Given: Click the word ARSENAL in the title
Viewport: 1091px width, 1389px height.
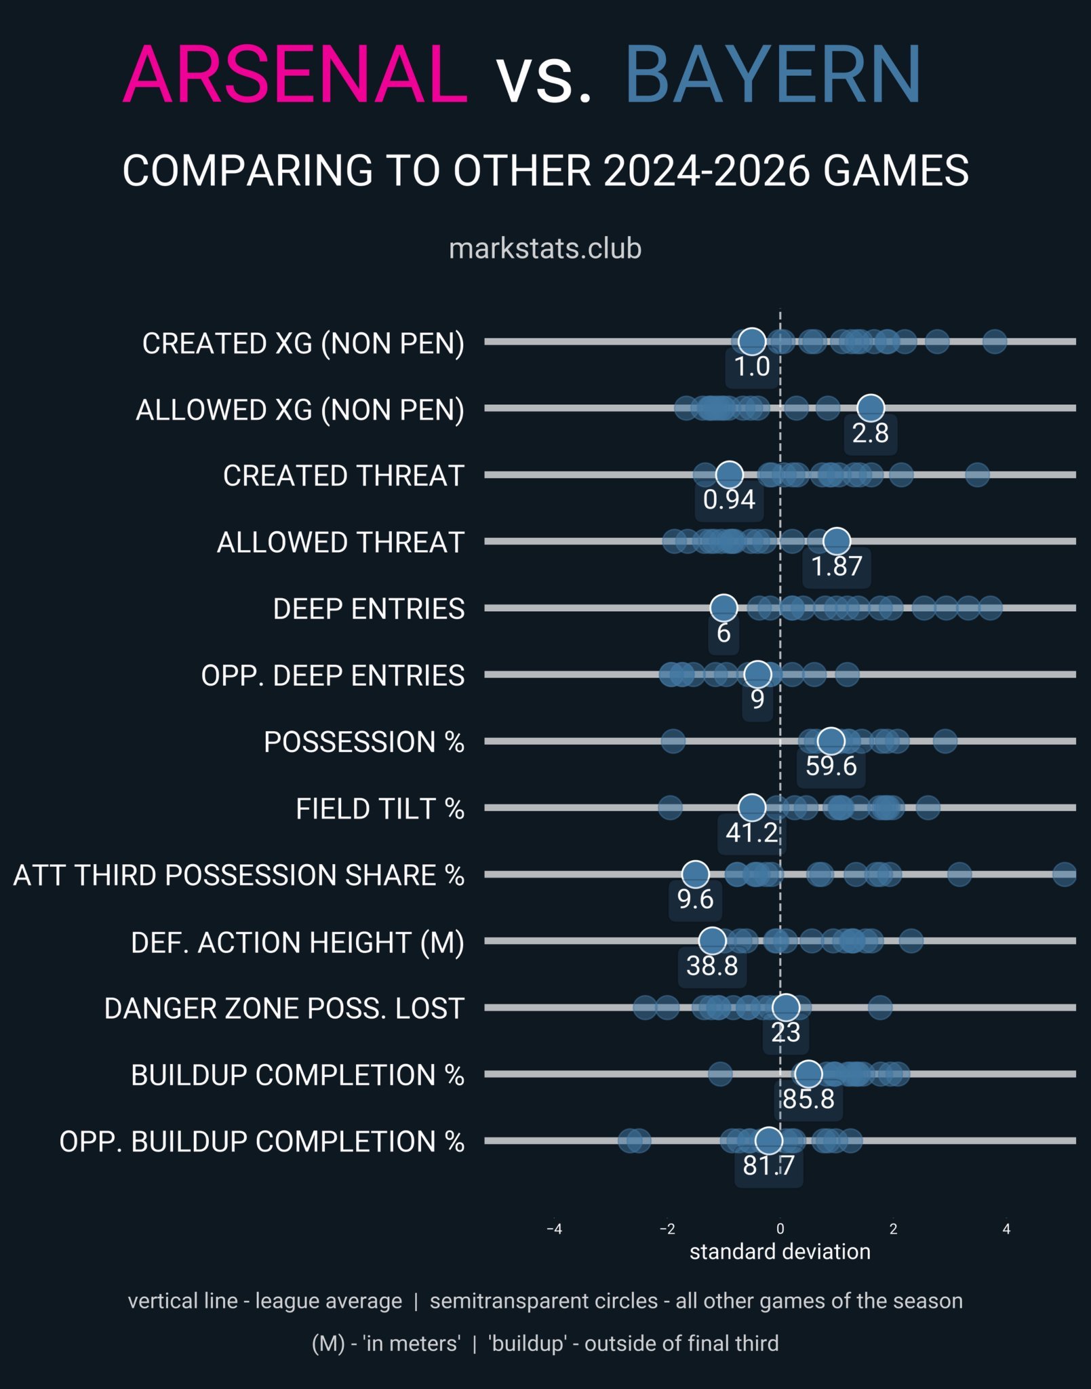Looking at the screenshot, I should [x=295, y=75].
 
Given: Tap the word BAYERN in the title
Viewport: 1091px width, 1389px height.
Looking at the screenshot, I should [x=772, y=75].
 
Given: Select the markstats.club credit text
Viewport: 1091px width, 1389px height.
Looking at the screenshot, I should [x=545, y=249].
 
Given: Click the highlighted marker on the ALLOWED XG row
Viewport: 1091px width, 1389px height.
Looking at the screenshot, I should [x=871, y=408].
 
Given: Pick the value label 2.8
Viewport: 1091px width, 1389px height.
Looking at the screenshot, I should [x=870, y=433].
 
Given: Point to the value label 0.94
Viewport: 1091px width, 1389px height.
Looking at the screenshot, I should [x=729, y=499].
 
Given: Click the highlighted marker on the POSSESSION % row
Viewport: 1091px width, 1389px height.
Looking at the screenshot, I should [x=831, y=741].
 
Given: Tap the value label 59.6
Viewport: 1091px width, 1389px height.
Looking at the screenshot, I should [x=831, y=766].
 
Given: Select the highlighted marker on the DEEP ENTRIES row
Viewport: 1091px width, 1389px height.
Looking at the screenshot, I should [x=723, y=608].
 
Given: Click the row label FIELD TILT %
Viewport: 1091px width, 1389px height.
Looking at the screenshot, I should [x=380, y=808].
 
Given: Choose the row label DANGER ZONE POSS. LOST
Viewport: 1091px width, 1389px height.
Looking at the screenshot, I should [x=284, y=1009].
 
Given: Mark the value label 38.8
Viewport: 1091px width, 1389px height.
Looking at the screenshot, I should [x=712, y=965].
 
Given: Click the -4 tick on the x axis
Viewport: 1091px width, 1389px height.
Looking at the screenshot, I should [x=555, y=1229].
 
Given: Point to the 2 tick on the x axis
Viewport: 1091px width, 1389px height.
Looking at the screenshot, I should [x=893, y=1229].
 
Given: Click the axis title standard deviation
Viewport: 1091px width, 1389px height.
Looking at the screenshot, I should [x=780, y=1251].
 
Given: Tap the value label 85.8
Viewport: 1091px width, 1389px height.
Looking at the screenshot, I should [x=808, y=1099].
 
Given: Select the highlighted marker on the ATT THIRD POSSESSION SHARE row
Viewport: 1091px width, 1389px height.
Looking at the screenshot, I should [x=695, y=874].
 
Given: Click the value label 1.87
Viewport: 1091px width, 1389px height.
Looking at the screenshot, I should [x=837, y=566].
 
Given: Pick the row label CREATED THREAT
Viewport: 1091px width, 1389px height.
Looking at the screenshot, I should [x=343, y=475].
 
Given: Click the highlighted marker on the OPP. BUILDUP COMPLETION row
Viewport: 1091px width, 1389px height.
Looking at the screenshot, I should [x=768, y=1141].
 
